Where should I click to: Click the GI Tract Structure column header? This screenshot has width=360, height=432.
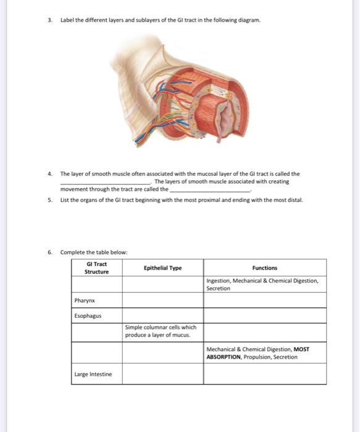click(x=96, y=268)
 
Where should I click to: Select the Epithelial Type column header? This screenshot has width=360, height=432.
click(x=162, y=268)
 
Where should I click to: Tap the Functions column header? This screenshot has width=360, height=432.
click(x=265, y=268)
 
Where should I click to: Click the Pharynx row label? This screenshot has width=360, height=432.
click(x=84, y=301)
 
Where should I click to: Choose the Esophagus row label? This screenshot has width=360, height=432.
click(x=87, y=316)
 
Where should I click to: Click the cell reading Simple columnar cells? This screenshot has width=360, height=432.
click(x=160, y=331)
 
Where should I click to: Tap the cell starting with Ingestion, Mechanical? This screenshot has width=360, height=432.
click(x=262, y=284)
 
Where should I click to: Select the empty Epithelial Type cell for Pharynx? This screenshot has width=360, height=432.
click(x=162, y=300)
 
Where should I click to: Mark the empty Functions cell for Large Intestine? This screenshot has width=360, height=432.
click(x=265, y=374)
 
